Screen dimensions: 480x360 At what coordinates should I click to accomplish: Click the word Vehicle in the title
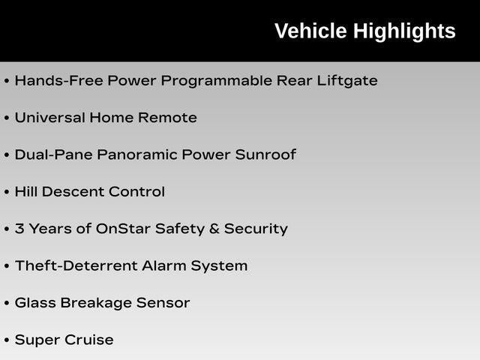pos(310,31)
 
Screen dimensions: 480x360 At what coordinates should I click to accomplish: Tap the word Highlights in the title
pos(405,32)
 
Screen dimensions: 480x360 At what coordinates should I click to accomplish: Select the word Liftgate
pos(347,81)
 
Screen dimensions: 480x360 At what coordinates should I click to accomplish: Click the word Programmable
pos(217,81)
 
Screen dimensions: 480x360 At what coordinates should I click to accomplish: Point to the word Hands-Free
pos(59,81)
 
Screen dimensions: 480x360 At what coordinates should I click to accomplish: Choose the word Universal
pos(50,118)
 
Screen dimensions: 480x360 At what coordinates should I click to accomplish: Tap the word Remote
pos(167,118)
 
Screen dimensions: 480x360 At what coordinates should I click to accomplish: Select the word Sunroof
pos(265,154)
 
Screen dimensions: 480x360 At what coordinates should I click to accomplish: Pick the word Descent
pos(73,192)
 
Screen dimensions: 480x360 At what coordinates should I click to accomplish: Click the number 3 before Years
pos(19,229)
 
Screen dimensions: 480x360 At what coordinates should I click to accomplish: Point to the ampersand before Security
pos(214,229)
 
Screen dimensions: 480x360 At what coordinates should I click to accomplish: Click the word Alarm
pos(164,265)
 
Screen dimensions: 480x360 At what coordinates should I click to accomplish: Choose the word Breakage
pos(96,303)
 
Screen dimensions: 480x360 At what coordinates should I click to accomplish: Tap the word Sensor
pos(163,303)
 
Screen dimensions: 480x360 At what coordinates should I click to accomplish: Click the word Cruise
pos(89,340)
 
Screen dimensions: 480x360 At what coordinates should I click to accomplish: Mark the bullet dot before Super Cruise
pos(7,340)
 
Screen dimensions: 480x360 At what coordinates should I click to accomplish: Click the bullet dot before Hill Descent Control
pos(7,192)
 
